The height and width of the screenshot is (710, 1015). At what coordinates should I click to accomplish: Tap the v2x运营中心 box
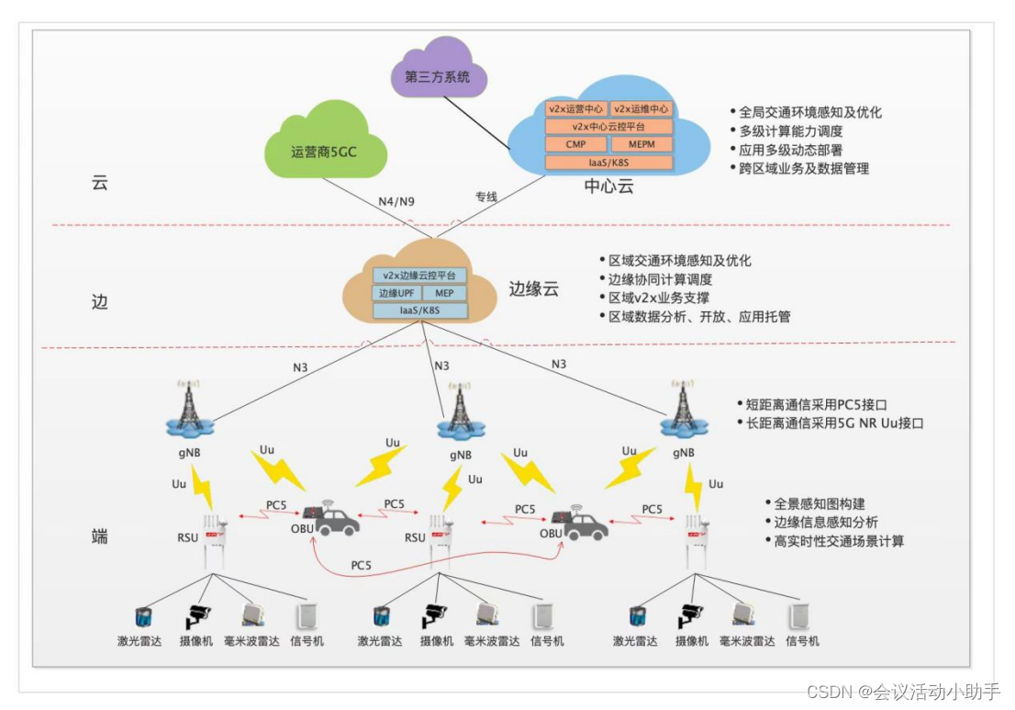click(x=575, y=109)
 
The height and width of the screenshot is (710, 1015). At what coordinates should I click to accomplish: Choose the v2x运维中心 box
click(x=641, y=109)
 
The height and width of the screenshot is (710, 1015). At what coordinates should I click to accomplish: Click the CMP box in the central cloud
click(x=575, y=144)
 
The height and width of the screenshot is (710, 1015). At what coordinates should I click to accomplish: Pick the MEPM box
click(x=641, y=144)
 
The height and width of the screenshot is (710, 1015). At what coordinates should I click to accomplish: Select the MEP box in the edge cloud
click(x=444, y=293)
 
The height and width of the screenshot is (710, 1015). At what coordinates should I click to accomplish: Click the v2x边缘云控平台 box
click(x=419, y=276)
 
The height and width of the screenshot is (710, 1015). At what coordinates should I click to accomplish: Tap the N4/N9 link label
click(x=396, y=201)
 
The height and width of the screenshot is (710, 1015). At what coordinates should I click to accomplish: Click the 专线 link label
click(x=485, y=197)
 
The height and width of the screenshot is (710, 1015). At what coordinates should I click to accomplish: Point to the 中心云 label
click(x=608, y=187)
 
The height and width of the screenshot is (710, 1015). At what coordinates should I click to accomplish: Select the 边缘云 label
click(x=533, y=288)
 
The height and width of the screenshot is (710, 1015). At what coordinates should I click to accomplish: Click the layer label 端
click(x=100, y=535)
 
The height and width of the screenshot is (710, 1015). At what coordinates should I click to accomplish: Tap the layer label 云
click(x=100, y=182)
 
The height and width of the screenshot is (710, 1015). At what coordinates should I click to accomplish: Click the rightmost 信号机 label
click(x=802, y=641)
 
